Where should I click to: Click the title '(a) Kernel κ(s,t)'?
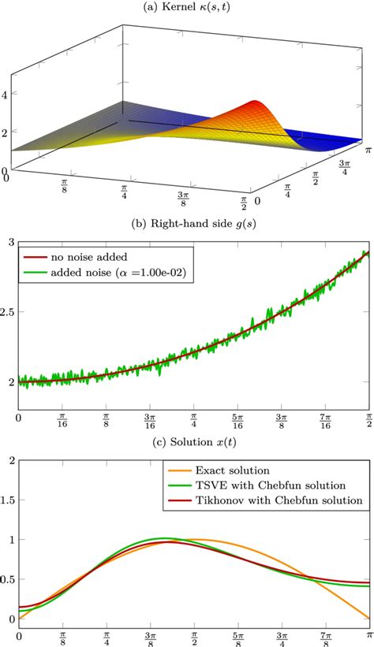[x=186, y=7]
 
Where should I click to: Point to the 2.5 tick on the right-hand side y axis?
[x=9, y=313]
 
